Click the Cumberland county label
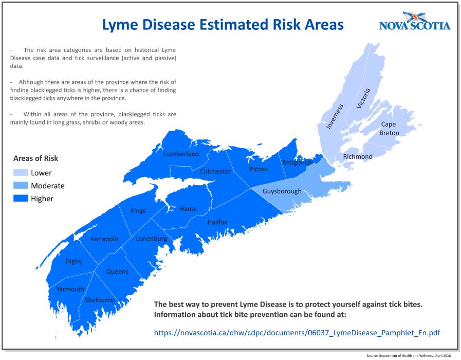pos(181,154)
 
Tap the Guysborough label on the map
pos(282,191)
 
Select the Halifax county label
pos(217,222)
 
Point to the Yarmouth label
pos(70,289)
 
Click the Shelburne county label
pos(99,300)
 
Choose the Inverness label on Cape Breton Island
pos(334,116)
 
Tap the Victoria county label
pos(363,98)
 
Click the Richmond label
pos(358,156)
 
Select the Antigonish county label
pos(297,163)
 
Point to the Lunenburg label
pos(151,239)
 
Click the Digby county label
pos(73,261)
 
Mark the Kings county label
pos(138,211)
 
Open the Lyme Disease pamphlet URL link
pos(297,333)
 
